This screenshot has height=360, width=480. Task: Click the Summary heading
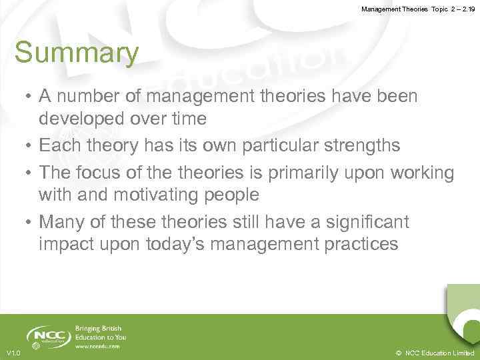coord(77,53)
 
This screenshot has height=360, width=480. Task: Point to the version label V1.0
coord(13,353)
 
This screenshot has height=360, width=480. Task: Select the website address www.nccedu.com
coord(97,346)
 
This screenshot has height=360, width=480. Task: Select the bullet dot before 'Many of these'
coord(29,221)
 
